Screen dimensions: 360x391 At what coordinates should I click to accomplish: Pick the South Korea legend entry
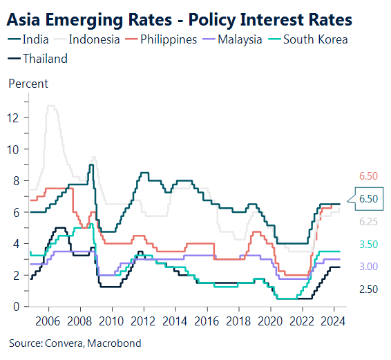315,39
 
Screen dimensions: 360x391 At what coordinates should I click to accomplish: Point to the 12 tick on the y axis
12,117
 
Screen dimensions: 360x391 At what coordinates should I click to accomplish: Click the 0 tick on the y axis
15,307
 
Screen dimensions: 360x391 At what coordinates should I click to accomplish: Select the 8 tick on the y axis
15,181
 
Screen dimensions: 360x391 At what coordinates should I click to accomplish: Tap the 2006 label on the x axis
46,321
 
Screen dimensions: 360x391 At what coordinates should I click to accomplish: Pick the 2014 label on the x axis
174,321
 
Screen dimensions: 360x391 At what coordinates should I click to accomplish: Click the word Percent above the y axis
28,84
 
